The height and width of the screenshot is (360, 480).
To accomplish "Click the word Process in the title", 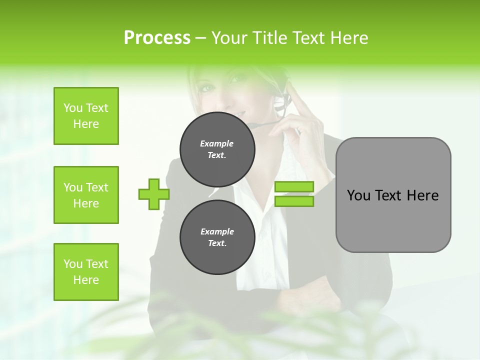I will click(x=157, y=38).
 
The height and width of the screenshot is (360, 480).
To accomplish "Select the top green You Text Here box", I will click(x=86, y=116).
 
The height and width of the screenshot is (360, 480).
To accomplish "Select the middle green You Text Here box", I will click(x=86, y=195).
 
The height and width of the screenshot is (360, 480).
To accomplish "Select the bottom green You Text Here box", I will click(x=86, y=272).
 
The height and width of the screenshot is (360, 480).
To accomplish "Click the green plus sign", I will click(x=153, y=194).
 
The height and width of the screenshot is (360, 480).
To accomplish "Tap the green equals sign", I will click(x=294, y=194).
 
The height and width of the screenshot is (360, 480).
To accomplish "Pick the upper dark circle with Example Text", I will click(x=217, y=149).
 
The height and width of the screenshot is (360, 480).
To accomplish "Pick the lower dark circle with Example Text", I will click(x=217, y=237).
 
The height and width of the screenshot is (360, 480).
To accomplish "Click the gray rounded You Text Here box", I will click(x=393, y=195).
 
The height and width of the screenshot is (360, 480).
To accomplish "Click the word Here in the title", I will click(x=350, y=38).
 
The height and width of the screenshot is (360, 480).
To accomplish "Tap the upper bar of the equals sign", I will click(x=294, y=187).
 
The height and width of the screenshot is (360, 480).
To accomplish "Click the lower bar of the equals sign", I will click(x=294, y=201).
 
